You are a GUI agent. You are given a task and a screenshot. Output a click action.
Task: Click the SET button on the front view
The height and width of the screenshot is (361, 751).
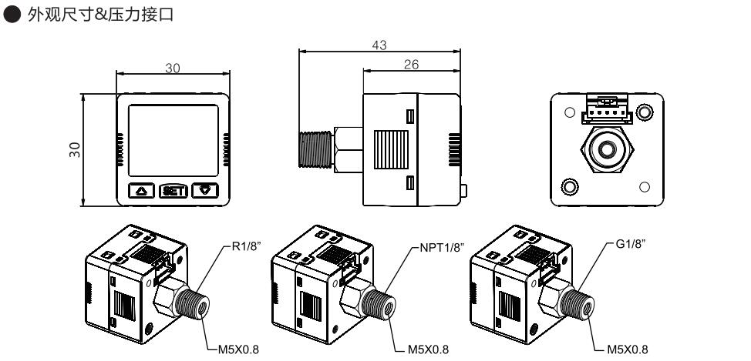pos(173,190)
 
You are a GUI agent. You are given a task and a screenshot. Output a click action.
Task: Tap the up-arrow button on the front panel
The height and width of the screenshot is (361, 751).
pos(141,190)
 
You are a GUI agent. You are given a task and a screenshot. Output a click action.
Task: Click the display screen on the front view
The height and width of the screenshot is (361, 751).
pos(173,139)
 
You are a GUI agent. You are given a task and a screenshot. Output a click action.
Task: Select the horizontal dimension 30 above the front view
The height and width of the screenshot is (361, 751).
pos(173,69)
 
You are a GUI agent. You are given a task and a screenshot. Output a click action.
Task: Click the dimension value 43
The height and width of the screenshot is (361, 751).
pos(379,46)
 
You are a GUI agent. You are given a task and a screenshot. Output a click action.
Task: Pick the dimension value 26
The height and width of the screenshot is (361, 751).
pos(412,65)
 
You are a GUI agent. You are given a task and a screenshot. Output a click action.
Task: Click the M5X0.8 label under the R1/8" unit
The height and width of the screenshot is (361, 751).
pos(237,347)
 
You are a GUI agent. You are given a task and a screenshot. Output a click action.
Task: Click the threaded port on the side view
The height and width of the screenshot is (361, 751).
pos(316,149)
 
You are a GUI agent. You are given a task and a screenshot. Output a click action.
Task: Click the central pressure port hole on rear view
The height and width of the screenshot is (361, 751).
pos(605,148)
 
